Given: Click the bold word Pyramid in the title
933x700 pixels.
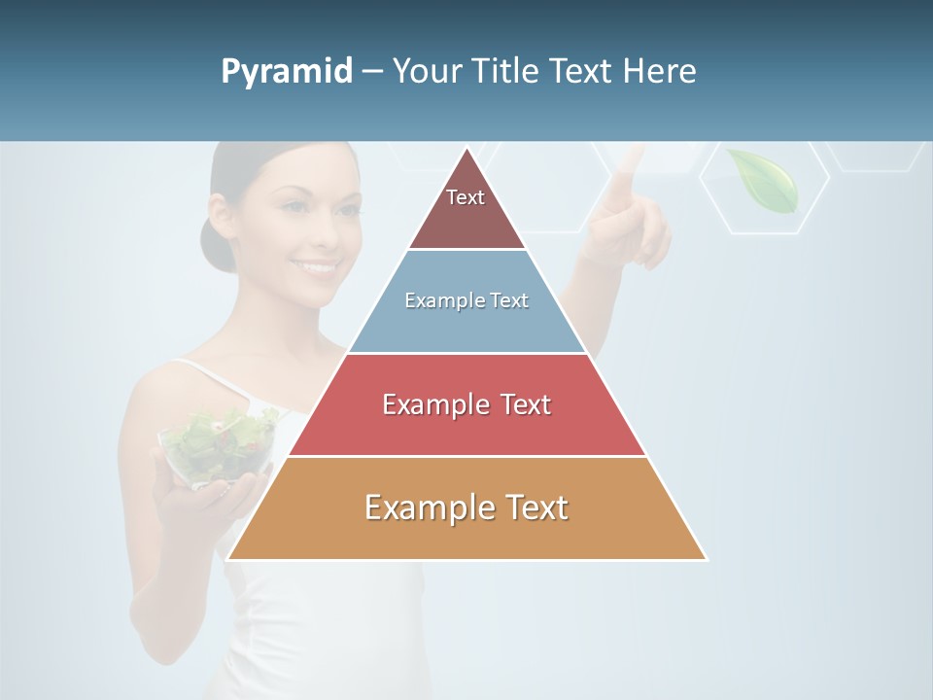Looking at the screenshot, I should point(286,72).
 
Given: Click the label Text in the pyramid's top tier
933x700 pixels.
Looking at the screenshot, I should point(466,197).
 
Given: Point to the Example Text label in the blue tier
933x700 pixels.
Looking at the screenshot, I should point(466,300).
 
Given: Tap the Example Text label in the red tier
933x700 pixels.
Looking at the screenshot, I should point(466,404).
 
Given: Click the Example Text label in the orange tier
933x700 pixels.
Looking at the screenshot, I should point(466,507).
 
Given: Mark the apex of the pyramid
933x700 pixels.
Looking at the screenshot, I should point(466,149).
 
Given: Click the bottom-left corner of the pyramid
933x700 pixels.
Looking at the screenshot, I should point(228,559).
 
